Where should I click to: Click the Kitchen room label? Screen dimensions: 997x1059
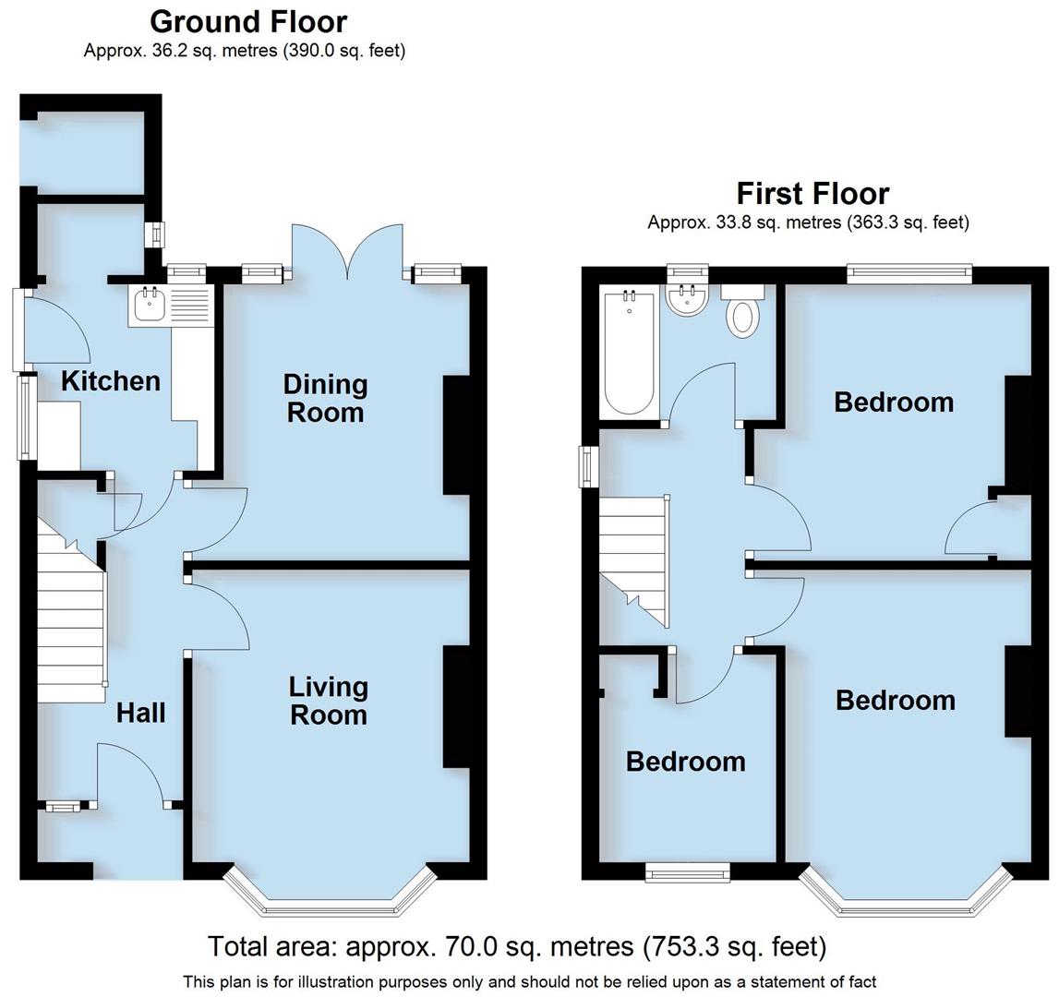tap(110, 381)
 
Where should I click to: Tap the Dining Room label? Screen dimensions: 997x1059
tap(325, 398)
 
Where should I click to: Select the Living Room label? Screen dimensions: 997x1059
tap(328, 701)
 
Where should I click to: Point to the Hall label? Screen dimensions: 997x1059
tap(141, 713)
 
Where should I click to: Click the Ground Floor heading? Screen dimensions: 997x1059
tap(248, 21)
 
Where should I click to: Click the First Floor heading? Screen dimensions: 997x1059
tap(812, 194)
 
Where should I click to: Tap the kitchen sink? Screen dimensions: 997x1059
tap(149, 305)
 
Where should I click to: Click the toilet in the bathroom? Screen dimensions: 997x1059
tap(742, 312)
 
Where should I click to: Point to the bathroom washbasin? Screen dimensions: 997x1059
tap(685, 299)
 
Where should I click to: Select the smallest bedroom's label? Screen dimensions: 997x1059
tap(685, 762)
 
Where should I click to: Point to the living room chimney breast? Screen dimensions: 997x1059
tap(456, 706)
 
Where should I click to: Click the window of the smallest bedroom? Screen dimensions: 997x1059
tap(687, 870)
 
